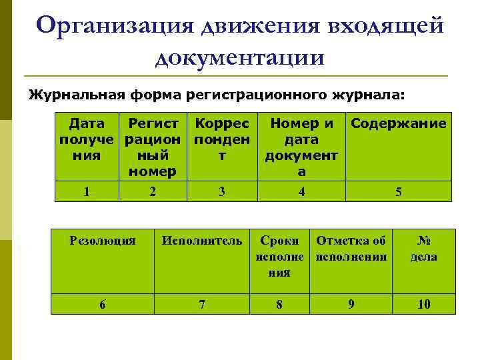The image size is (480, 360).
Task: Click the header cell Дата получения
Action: pyautogui.click(x=87, y=147)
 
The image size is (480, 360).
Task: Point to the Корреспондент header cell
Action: pyautogui.click(x=222, y=140)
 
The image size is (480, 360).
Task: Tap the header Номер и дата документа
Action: pyautogui.click(x=301, y=147)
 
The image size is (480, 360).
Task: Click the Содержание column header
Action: pyautogui.click(x=398, y=123)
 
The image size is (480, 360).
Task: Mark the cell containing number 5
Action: pyautogui.click(x=398, y=192)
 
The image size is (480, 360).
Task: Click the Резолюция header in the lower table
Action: pyautogui.click(x=103, y=241)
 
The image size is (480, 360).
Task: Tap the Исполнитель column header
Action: pyautogui.click(x=202, y=241)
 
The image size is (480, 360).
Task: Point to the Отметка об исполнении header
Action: pyautogui.click(x=351, y=248)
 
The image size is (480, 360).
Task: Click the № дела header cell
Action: pyautogui.click(x=424, y=248)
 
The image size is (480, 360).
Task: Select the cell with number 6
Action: pyautogui.click(x=103, y=304)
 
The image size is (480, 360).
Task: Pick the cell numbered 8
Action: pyautogui.click(x=279, y=304)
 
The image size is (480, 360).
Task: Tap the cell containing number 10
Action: pyautogui.click(x=424, y=304)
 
